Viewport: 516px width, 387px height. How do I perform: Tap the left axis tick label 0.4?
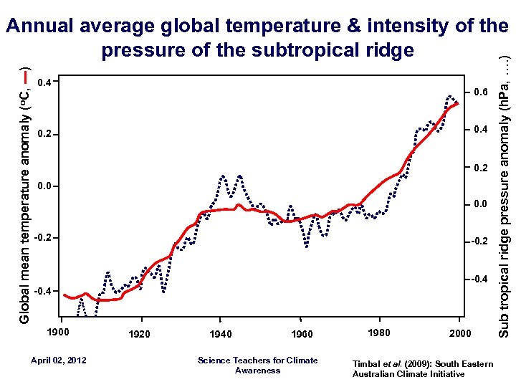click(x=44, y=82)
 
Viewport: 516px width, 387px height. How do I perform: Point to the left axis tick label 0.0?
click(x=44, y=186)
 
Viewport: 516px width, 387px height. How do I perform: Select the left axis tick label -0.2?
click(x=42, y=237)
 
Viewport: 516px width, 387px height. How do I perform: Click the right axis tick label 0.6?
click(x=479, y=92)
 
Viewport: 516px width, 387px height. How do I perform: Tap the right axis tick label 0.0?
click(x=479, y=205)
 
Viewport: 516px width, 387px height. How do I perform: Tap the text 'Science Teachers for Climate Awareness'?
click(x=257, y=365)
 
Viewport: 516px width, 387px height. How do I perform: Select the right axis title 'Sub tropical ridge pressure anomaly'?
click(x=504, y=215)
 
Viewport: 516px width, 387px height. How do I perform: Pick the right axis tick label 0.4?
click(x=479, y=130)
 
